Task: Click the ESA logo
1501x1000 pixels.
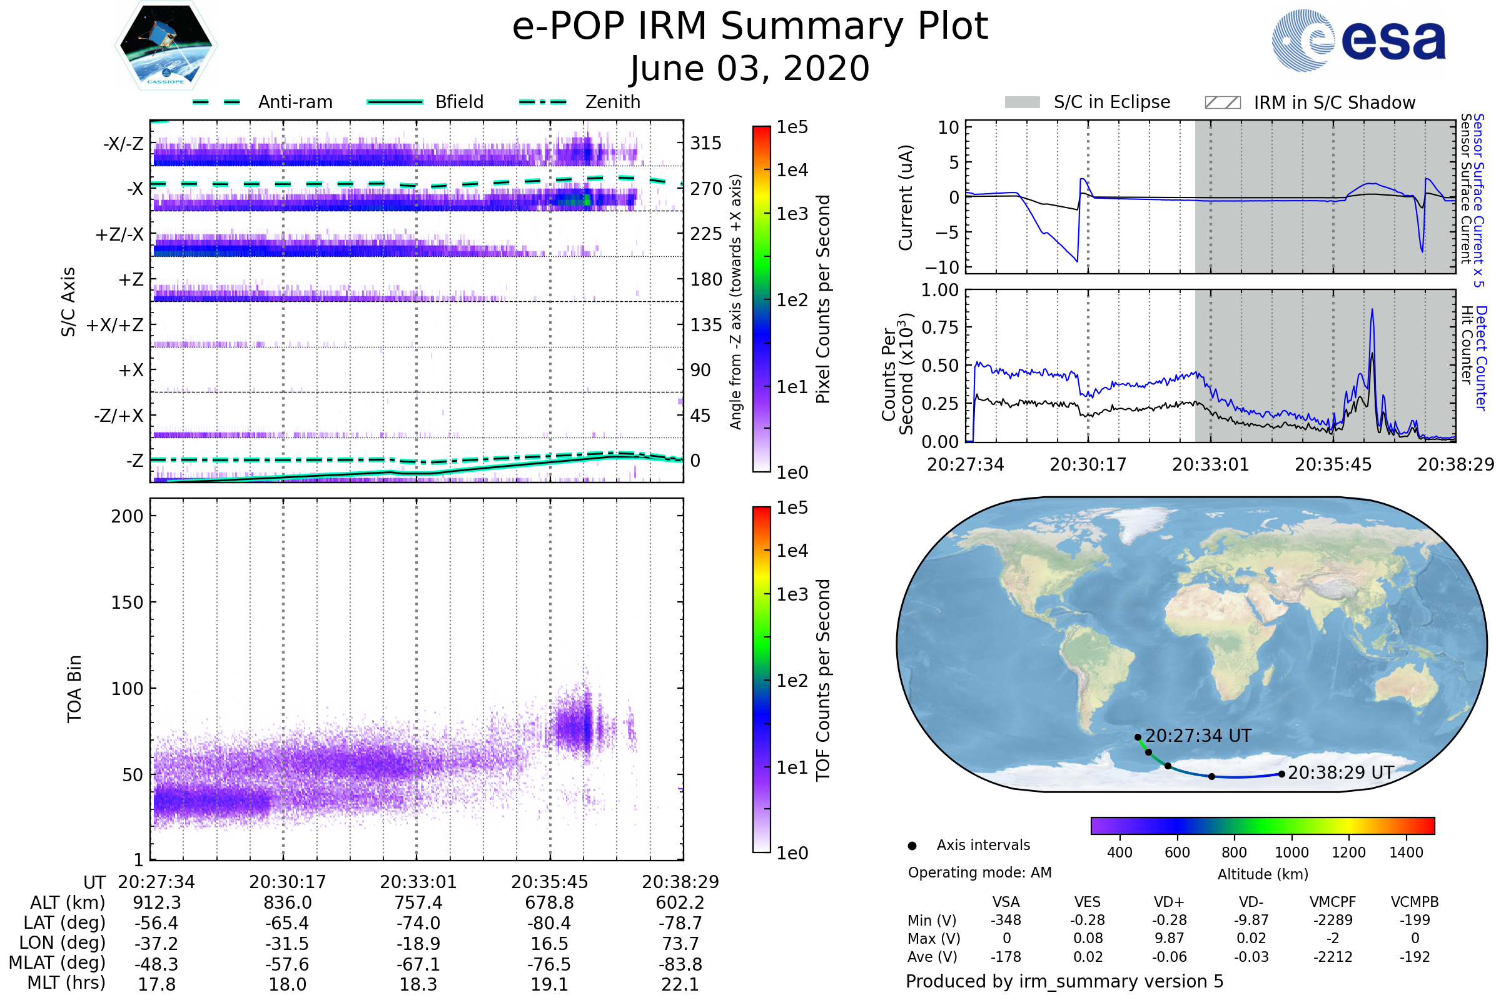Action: pos(1359,39)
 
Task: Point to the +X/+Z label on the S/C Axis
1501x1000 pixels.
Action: pos(115,325)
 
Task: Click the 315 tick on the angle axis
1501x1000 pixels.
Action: pos(705,143)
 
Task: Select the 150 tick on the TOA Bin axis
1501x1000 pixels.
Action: pos(127,602)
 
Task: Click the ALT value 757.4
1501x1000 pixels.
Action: pos(418,902)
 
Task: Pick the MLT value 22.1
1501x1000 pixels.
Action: pos(680,984)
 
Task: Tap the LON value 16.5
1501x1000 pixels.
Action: pos(549,943)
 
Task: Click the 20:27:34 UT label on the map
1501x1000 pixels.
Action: pos(1198,736)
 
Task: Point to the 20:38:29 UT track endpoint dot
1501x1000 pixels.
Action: pos(1281,774)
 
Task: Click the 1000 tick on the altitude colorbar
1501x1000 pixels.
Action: pos(1291,852)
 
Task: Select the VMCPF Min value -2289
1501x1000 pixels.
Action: pos(1333,920)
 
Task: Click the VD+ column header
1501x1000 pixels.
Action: pos(1168,902)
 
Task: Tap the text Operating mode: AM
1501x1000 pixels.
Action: pos(979,872)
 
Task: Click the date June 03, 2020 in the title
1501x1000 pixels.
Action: pos(750,68)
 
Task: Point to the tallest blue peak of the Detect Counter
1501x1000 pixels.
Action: pos(1372,311)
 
